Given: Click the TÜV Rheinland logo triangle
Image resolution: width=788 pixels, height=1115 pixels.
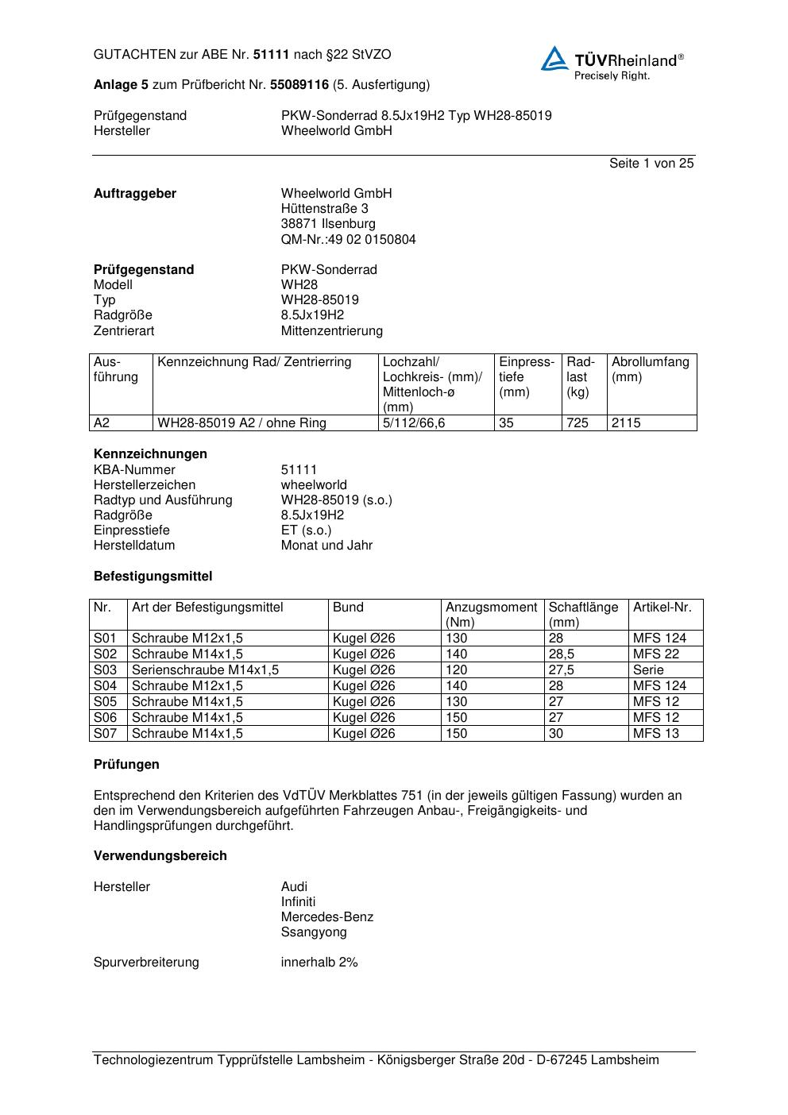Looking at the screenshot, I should (554, 59).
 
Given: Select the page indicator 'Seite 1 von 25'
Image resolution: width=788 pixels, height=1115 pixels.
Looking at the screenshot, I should (651, 164).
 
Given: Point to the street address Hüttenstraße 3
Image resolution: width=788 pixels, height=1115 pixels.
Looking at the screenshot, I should (324, 209).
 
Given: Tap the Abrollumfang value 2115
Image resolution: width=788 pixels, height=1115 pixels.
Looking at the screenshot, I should (626, 423).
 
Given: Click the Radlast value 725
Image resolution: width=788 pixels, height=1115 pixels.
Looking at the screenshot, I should (577, 423).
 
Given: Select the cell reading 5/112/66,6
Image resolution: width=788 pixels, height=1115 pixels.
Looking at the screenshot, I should (414, 423).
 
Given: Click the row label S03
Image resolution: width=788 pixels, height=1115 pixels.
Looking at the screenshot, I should (105, 670).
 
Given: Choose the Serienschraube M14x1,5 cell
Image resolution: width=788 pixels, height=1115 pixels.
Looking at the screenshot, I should (205, 670).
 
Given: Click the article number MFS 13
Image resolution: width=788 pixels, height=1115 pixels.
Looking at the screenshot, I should (656, 734).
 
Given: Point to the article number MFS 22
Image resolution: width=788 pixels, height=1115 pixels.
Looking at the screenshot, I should (656, 654).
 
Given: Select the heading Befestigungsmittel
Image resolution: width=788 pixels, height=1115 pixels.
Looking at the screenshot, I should (153, 577).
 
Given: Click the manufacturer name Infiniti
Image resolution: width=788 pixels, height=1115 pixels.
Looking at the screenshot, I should (298, 902).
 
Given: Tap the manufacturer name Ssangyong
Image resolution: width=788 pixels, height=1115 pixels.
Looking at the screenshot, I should (314, 932).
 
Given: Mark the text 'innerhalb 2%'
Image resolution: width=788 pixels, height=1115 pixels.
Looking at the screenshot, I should (319, 963).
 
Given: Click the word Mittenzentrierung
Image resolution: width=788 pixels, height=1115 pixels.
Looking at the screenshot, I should (331, 331).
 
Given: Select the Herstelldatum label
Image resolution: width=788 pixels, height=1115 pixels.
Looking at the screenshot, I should (134, 546).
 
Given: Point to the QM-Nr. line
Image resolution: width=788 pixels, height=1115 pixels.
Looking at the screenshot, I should (348, 240).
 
